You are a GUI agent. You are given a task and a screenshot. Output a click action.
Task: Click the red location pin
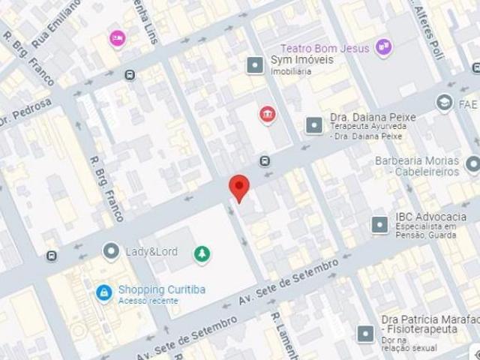(238, 187)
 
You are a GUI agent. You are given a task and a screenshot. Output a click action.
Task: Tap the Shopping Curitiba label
(161, 290)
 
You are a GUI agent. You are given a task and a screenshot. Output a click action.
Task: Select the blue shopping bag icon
(104, 292)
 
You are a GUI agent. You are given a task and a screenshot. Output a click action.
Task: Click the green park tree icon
(202, 254)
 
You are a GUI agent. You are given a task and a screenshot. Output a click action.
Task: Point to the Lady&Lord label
(151, 251)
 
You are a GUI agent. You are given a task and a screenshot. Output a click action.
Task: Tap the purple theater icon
(384, 47)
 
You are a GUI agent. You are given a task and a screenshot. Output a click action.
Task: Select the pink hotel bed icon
(116, 37)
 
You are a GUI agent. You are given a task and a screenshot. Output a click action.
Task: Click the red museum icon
(267, 114)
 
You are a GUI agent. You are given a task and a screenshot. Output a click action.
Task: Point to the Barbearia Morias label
(416, 160)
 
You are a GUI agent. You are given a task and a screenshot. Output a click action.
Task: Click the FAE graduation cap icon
(445, 102)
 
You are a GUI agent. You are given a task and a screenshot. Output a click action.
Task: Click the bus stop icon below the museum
(264, 160)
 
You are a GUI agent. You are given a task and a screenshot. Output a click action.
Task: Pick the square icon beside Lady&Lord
(112, 250)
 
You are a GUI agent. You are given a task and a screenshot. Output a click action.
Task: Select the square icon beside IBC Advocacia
(379, 223)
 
